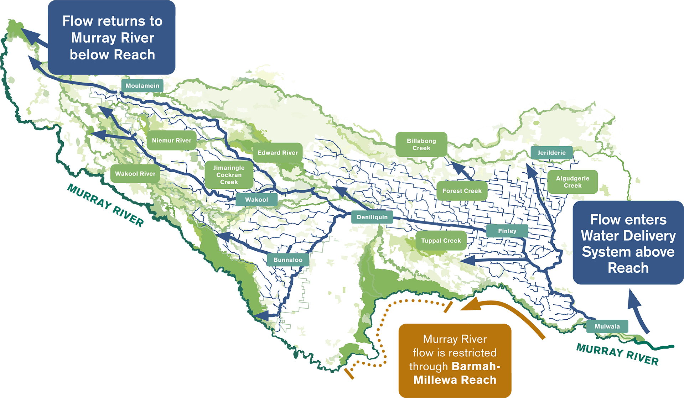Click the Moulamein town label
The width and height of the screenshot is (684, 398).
[x=142, y=86]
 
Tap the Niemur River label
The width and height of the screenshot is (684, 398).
[x=172, y=141]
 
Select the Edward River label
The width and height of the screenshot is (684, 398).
[x=278, y=153]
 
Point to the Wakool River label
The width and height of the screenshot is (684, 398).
[x=135, y=174]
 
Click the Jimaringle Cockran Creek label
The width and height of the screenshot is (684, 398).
[x=229, y=175]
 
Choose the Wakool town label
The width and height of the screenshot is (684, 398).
[x=256, y=200]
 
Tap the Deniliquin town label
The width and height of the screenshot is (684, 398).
[x=372, y=217]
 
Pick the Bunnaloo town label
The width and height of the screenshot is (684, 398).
[x=288, y=260]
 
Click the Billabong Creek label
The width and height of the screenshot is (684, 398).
[x=421, y=144]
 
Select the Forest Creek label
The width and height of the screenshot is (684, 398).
[x=462, y=191]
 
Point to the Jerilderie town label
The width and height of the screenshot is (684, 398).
[x=551, y=153]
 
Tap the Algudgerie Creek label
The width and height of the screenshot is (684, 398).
[x=572, y=182]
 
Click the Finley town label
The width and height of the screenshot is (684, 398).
[x=507, y=231]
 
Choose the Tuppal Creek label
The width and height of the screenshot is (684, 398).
[x=441, y=241]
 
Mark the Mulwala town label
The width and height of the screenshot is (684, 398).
[x=607, y=326]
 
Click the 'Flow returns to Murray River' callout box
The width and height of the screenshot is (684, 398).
[x=112, y=37]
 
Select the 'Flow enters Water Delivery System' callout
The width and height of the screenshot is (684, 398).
[x=628, y=243]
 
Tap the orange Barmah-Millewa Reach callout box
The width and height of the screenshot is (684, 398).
[x=455, y=360]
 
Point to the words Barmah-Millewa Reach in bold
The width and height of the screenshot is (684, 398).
[x=455, y=373]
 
